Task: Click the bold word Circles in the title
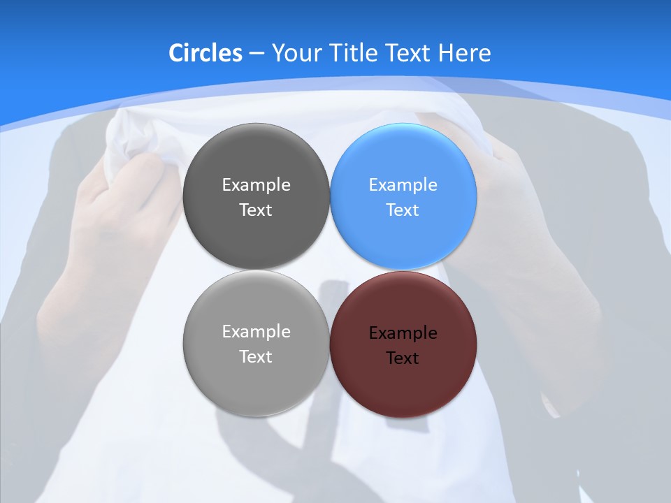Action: pyautogui.click(x=205, y=53)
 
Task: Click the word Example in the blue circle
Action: pyautogui.click(x=403, y=185)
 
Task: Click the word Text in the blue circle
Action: pyautogui.click(x=403, y=210)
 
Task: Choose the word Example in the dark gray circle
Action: pyautogui.click(x=256, y=185)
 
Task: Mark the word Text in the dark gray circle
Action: pyautogui.click(x=256, y=210)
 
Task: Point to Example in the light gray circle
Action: pyautogui.click(x=256, y=332)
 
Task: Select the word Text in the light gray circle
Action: pyautogui.click(x=256, y=357)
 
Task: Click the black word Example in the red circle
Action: pyautogui.click(x=403, y=333)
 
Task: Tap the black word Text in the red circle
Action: pyautogui.click(x=403, y=358)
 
